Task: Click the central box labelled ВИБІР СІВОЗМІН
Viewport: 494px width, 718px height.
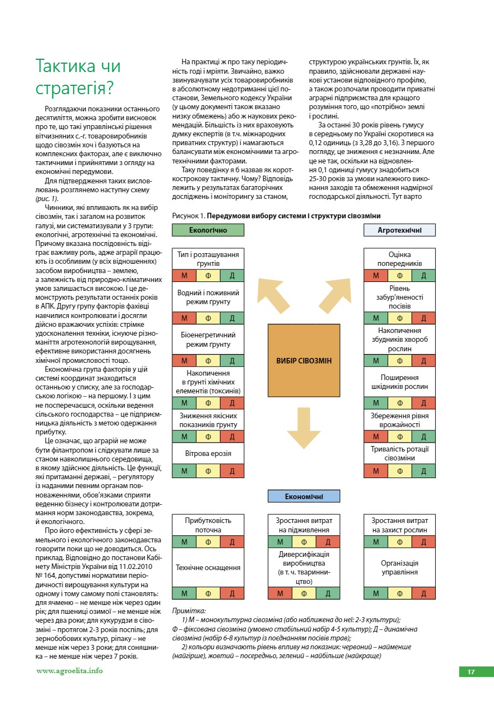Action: [303, 361]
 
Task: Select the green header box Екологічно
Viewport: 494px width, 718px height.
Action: [208, 230]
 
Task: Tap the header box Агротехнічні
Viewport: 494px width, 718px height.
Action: [399, 230]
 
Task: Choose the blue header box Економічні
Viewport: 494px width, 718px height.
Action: [303, 496]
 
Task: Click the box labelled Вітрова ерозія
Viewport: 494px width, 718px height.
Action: [208, 454]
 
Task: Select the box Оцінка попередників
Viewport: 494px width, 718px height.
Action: [399, 259]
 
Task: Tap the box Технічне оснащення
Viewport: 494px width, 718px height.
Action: [208, 567]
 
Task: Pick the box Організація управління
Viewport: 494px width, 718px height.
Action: [399, 567]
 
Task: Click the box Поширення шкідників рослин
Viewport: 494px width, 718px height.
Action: [399, 382]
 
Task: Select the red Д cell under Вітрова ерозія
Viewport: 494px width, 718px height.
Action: [232, 471]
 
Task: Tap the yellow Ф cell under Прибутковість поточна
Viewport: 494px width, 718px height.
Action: [208, 542]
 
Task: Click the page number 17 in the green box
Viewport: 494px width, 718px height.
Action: [471, 672]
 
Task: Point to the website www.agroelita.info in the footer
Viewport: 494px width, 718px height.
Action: [69, 670]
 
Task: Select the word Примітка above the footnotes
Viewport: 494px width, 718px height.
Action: [189, 610]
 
